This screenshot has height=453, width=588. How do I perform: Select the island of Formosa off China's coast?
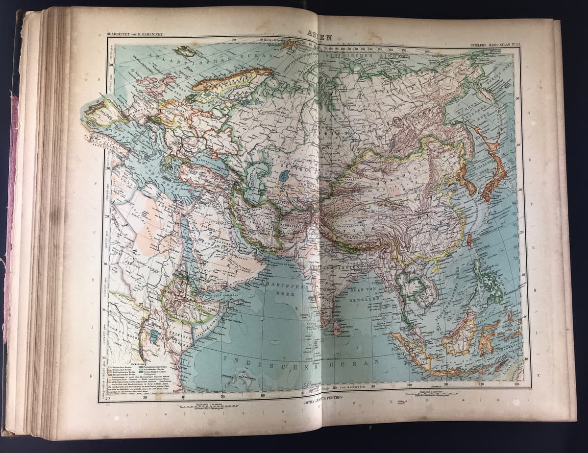468,239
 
